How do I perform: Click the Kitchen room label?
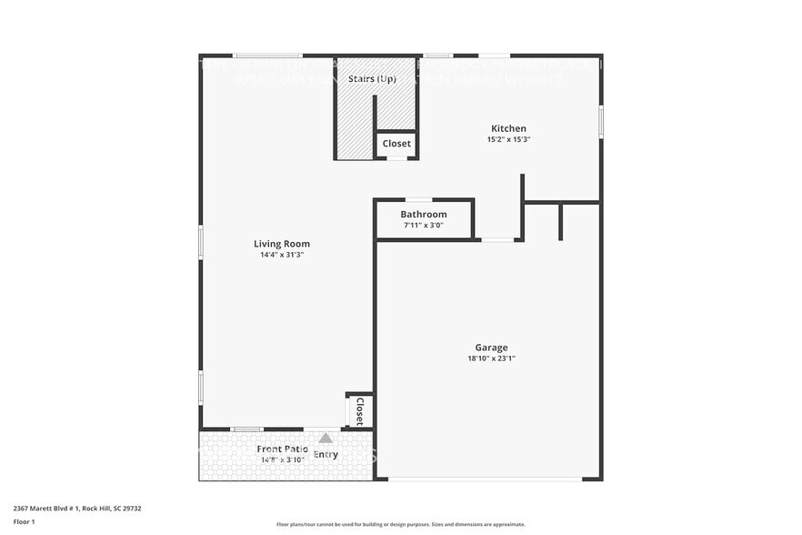click(508, 128)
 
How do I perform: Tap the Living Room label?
click(281, 243)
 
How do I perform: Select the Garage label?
click(491, 347)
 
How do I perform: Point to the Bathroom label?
click(424, 214)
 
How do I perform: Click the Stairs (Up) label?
click(372, 79)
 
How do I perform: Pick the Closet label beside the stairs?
click(396, 144)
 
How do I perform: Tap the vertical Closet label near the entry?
click(359, 411)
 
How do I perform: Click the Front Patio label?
click(282, 449)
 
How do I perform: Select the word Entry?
click(326, 455)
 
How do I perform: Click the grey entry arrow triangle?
click(326, 438)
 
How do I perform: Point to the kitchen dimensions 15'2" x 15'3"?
click(508, 140)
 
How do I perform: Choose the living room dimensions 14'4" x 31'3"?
click(281, 255)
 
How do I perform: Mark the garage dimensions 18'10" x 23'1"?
click(491, 358)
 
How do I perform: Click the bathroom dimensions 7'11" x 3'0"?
click(424, 225)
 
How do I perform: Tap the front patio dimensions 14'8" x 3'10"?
click(281, 459)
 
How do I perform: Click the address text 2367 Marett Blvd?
click(77, 509)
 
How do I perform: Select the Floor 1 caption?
click(24, 521)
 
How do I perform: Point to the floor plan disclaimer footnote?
click(400, 524)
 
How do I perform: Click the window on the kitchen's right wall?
click(600, 122)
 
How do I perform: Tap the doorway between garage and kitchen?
click(497, 239)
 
